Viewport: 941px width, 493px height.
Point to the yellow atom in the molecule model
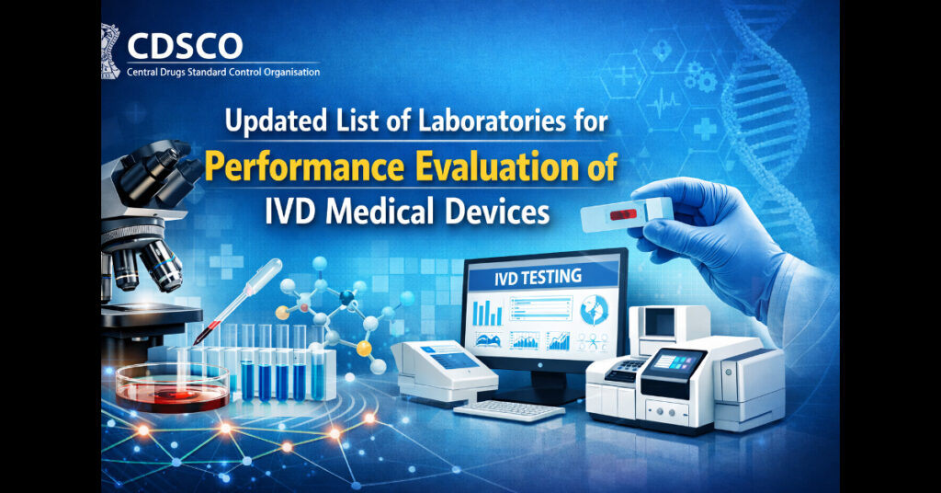364,350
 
